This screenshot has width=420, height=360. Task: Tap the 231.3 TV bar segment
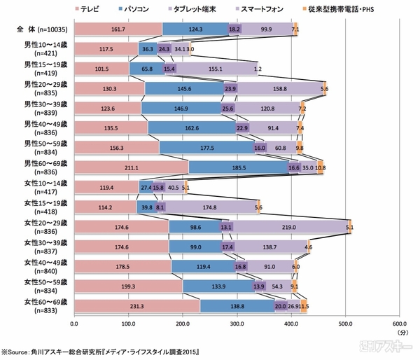[136, 306]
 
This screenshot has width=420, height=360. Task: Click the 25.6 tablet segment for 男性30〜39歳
[228, 109]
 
